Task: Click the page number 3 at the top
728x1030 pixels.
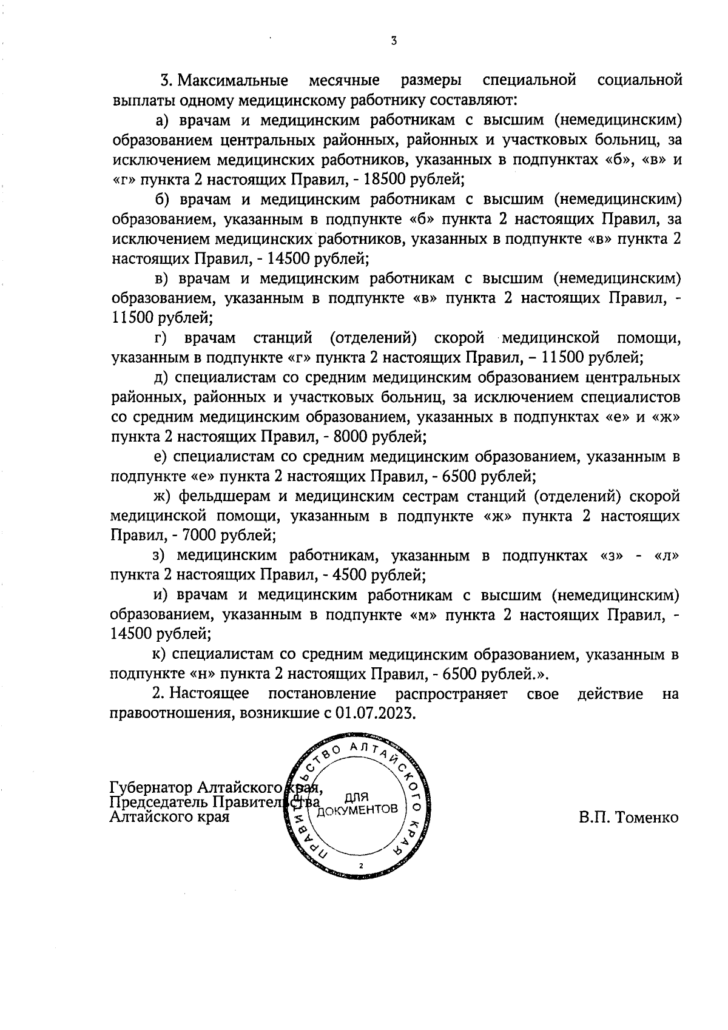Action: [394, 41]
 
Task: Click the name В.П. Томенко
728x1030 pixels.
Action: [628, 818]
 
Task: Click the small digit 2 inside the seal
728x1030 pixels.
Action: [361, 866]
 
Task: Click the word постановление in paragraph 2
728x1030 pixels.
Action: [322, 693]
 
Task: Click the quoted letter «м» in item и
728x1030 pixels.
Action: [425, 615]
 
